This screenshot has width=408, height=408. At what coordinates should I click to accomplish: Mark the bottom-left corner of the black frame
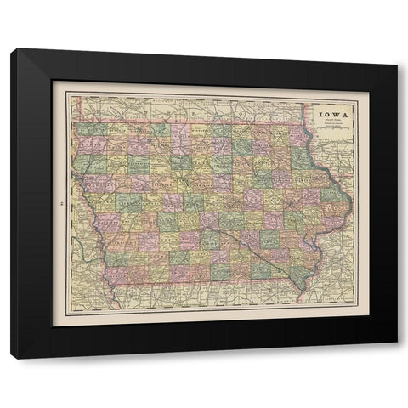pyautogui.click(x=12, y=358)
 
